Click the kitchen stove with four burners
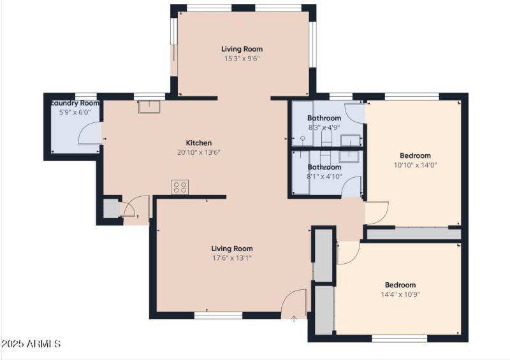(180, 187)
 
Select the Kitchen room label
(198, 143)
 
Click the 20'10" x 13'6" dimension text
(198, 152)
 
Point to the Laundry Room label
(75, 103)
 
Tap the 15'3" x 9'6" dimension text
(242, 59)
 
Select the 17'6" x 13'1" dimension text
(232, 258)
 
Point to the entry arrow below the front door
(293, 319)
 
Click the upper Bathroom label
(324, 118)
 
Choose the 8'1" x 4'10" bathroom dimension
(324, 176)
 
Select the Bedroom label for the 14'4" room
(400, 285)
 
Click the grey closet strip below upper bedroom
(413, 234)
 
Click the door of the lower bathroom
(352, 188)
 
